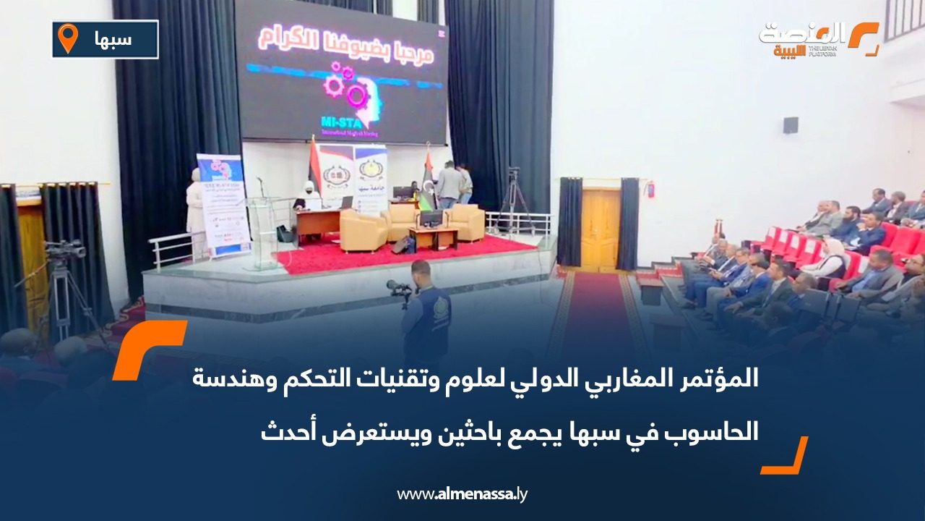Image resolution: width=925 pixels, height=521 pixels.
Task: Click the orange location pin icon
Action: (x=68, y=38)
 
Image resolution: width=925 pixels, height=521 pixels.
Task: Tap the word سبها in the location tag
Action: (x=113, y=39)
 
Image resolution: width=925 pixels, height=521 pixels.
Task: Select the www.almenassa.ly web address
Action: (x=462, y=494)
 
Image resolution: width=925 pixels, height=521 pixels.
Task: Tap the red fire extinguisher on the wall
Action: (x=650, y=190)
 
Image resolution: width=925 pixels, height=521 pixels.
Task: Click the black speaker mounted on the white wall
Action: (x=791, y=125)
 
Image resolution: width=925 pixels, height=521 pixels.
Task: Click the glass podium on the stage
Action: (x=261, y=232)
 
